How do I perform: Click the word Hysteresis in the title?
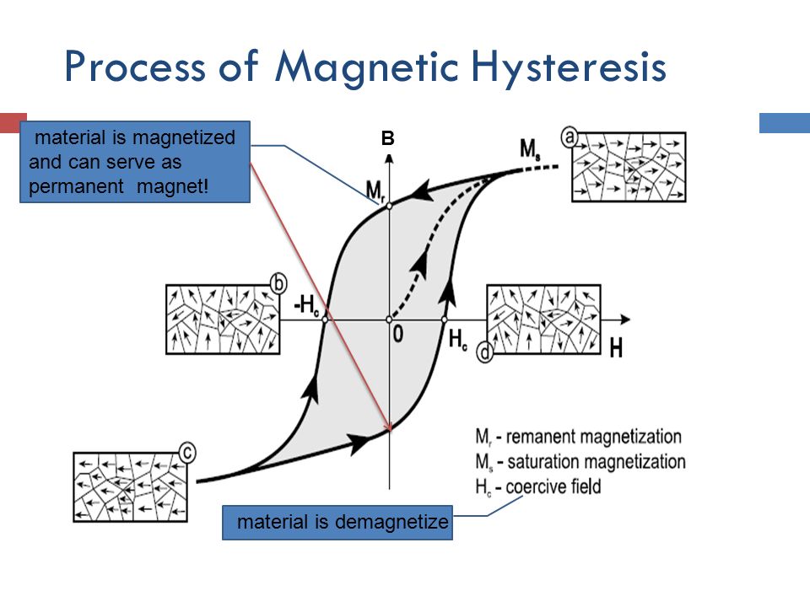tap(569, 68)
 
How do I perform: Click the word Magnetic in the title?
tap(366, 68)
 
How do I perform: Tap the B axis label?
tap(387, 138)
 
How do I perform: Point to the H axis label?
tap(616, 348)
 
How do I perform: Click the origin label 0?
tap(397, 335)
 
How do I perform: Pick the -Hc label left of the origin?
tap(307, 305)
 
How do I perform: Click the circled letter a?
tap(570, 137)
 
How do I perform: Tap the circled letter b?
tap(278, 284)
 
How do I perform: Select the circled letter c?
tap(187, 453)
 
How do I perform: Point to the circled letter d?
tap(484, 352)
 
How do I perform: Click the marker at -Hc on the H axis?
tap(325, 320)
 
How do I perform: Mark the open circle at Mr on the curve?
tap(390, 206)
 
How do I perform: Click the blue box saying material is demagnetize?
tap(337, 523)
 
